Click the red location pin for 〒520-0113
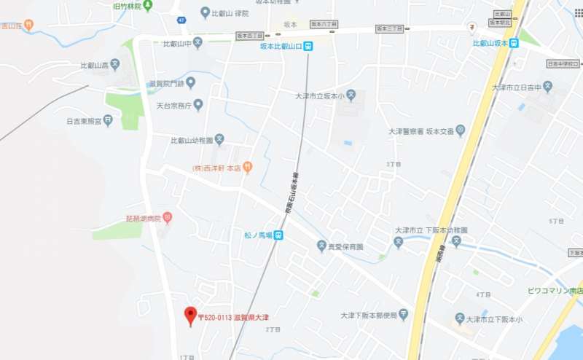pyautogui.click(x=191, y=315)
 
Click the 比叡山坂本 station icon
pyautogui.click(x=514, y=43)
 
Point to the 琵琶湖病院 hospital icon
pyautogui.click(x=167, y=217)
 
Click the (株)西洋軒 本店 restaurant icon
pyautogui.click(x=247, y=168)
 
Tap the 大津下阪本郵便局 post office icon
pyautogui.click(x=403, y=315)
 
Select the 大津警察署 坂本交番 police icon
pyautogui.click(x=460, y=131)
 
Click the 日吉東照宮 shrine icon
pyautogui.click(x=108, y=120)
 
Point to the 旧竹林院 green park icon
pyautogui.click(x=148, y=6)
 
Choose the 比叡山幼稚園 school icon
pyautogui.click(x=220, y=140)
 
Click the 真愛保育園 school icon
pyautogui.click(x=321, y=246)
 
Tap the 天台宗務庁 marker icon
pyautogui.click(x=197, y=105)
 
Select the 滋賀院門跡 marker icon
pyautogui.click(x=190, y=83)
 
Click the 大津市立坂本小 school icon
pyautogui.click(x=351, y=94)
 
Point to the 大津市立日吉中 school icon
pyautogui.click(x=547, y=87)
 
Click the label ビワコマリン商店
pyautogui.click(x=555, y=290)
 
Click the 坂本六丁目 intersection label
pyautogui.click(x=324, y=24)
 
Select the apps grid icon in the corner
pyautogui.click(x=579, y=12)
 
